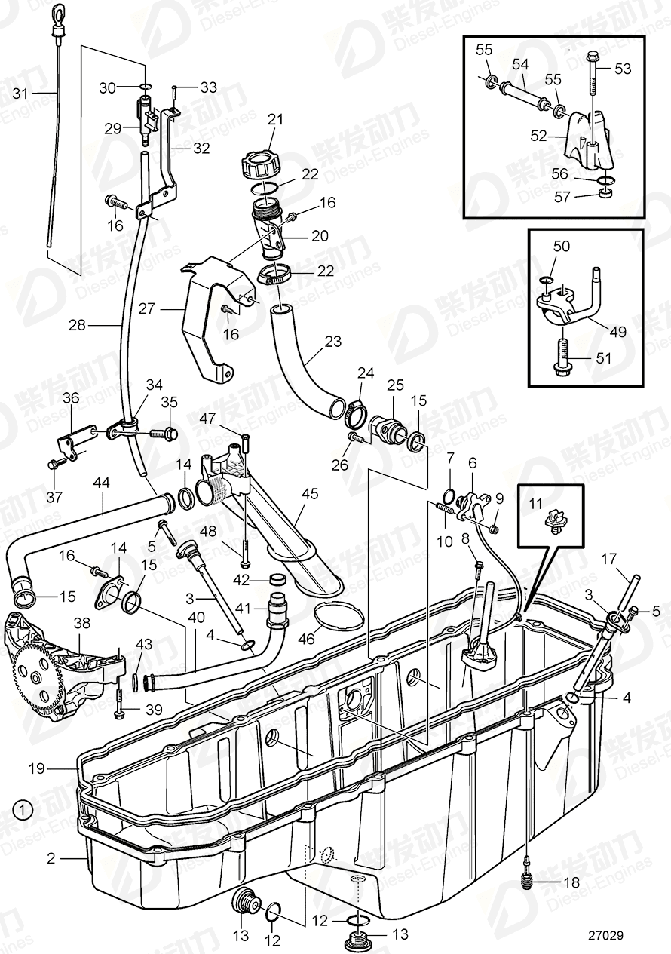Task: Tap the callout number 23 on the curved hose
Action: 333,342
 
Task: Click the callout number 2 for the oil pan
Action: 51,858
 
